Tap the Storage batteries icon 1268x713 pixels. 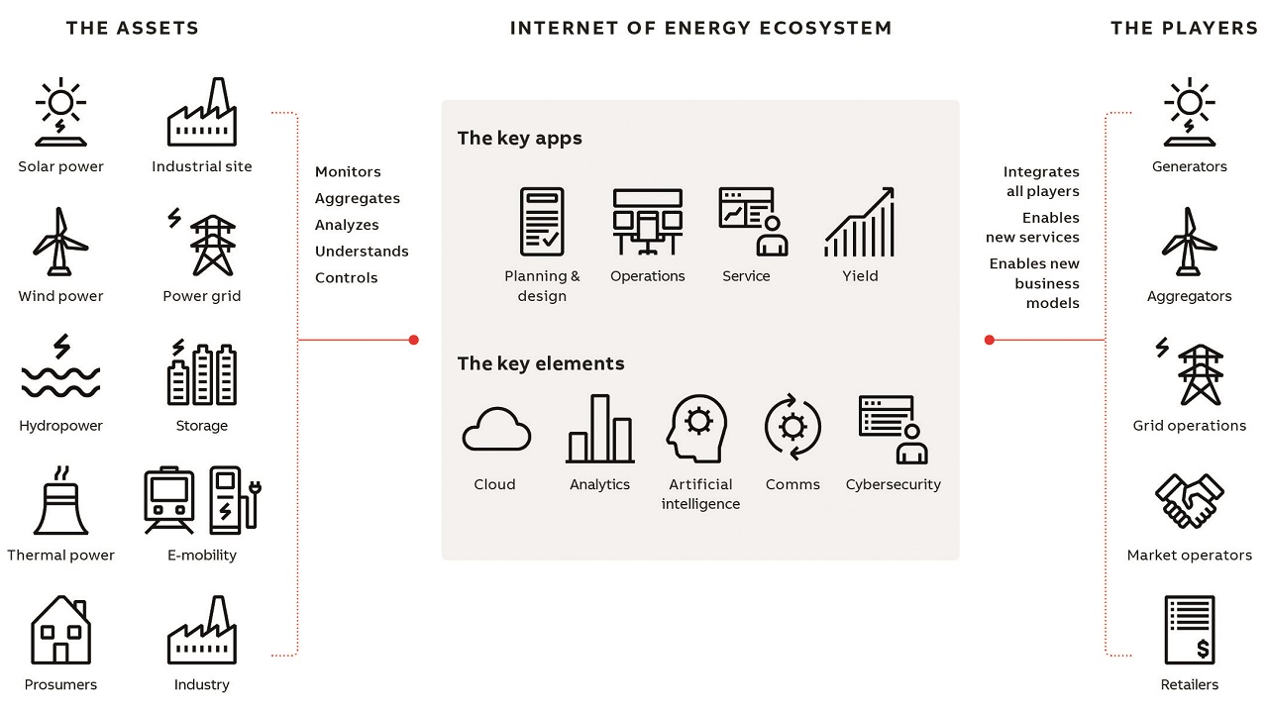pos(202,372)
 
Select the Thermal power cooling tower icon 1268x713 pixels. pos(60,500)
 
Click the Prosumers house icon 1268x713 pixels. pos(60,630)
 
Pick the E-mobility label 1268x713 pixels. pos(202,556)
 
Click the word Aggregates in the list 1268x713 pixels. pos(358,199)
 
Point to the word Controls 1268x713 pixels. pos(346,278)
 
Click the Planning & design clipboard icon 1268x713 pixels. pos(542,222)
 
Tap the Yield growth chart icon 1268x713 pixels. pos(859,222)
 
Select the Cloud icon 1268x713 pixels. pos(496,429)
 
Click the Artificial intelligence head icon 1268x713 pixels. pos(697,429)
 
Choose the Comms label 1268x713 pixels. pos(792,484)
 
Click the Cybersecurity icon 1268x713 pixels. pos(894,430)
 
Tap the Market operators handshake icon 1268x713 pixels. pos(1190,501)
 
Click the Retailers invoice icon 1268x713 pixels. pos(1190,630)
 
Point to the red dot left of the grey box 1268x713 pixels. pos(414,340)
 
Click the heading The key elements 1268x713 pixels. pos(541,363)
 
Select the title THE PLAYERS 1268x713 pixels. pos(1184,29)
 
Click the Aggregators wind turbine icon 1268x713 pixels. pos(1190,241)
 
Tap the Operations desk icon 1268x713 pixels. pos(648,222)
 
